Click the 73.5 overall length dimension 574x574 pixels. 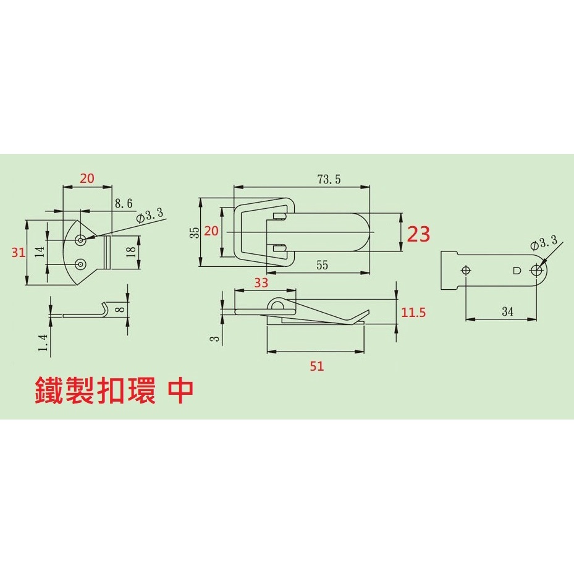point(329,179)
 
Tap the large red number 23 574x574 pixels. point(418,234)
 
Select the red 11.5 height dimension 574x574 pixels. point(413,313)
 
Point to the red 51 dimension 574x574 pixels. point(316,366)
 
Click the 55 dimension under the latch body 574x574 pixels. point(322,265)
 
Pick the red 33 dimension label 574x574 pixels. point(261,282)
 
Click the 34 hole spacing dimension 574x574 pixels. point(507,311)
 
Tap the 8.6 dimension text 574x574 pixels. point(124,203)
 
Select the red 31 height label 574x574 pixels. point(19,253)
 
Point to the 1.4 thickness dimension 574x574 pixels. point(43,343)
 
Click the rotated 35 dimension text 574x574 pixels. point(195,233)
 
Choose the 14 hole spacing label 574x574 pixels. point(40,252)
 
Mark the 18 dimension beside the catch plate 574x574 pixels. point(131,251)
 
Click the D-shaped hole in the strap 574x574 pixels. point(517,271)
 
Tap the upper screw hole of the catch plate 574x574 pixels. point(80,240)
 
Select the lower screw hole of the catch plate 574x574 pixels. point(80,264)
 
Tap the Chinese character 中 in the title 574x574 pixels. point(180,390)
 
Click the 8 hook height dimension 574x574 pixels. point(122,310)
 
